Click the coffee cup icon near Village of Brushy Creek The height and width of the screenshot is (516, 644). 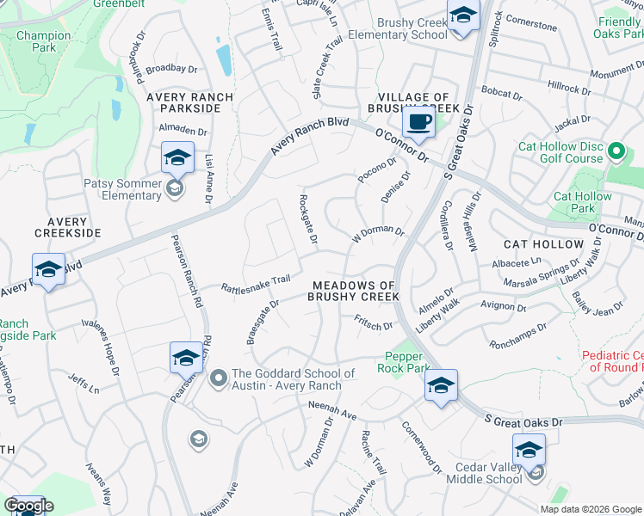point(419,122)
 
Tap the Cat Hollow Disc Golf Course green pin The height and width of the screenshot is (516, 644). point(615,152)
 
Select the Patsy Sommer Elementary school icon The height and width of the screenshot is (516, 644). point(177,158)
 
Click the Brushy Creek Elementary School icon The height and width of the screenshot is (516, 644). point(463,16)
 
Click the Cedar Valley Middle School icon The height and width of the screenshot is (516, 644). point(528,449)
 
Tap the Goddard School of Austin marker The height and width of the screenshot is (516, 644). point(218,375)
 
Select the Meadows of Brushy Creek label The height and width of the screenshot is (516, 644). point(355,291)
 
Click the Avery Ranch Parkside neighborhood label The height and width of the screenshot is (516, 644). point(189,102)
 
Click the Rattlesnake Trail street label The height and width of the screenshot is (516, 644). point(257,283)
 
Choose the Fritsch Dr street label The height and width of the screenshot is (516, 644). point(373,322)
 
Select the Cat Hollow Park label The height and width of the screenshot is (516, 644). point(583,202)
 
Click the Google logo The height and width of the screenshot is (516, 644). point(28,506)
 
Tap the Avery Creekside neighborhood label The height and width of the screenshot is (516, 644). point(68,227)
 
